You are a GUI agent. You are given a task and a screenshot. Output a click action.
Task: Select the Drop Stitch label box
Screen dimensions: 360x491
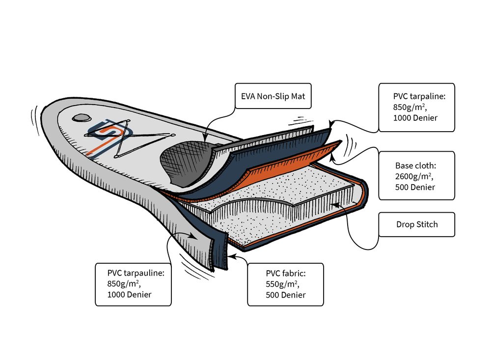[x=417, y=224]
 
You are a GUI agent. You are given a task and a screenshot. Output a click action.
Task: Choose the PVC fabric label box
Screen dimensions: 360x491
[x=285, y=284]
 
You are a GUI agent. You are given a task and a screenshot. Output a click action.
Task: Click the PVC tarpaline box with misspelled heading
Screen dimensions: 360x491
[x=417, y=107]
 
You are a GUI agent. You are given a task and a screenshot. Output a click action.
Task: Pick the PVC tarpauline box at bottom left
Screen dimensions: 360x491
[x=133, y=284]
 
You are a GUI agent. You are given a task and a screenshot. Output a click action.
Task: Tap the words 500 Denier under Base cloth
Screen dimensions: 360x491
[x=415, y=187]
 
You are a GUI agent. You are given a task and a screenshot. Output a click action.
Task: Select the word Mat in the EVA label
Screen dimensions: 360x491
[x=298, y=96]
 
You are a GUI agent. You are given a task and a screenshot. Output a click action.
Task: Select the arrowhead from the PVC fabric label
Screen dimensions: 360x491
[x=231, y=256]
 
